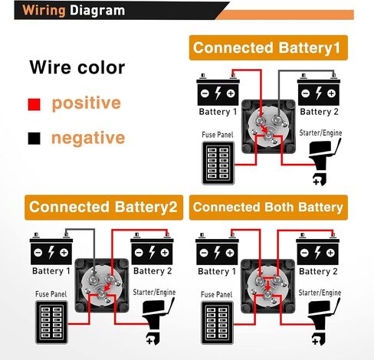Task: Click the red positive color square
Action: coord(34,104)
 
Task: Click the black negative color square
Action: coord(34,139)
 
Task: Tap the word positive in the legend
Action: coord(86,103)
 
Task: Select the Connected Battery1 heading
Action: coord(268,47)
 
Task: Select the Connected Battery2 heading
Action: coord(103,207)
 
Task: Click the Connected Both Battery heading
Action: coord(268,207)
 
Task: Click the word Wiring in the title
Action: coord(44,11)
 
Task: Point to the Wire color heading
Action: coord(77,67)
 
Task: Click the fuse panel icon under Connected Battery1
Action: coord(218,163)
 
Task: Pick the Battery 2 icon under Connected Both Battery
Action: coord(318,249)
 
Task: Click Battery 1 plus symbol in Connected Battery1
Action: coord(231,93)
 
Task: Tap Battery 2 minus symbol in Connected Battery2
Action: coord(139,253)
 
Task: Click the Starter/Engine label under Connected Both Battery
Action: coord(320,293)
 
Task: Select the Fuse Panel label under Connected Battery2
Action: coord(51,294)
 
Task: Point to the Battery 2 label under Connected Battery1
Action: coord(319,112)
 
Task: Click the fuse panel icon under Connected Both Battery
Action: coord(218,322)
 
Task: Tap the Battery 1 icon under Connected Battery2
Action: coord(51,248)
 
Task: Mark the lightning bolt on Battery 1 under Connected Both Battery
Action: coord(217,253)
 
